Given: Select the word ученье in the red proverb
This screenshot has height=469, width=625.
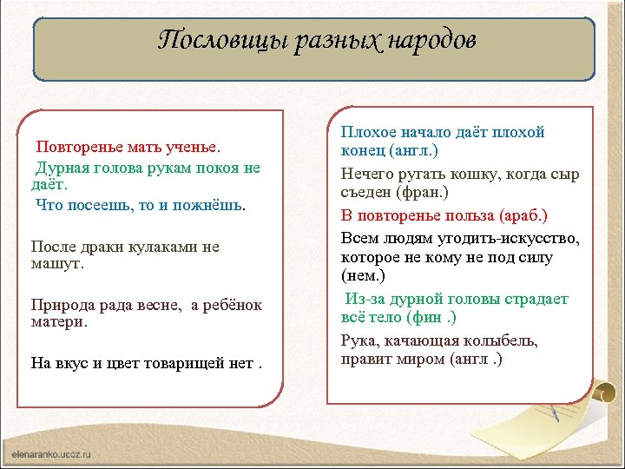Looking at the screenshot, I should pos(192,148).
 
